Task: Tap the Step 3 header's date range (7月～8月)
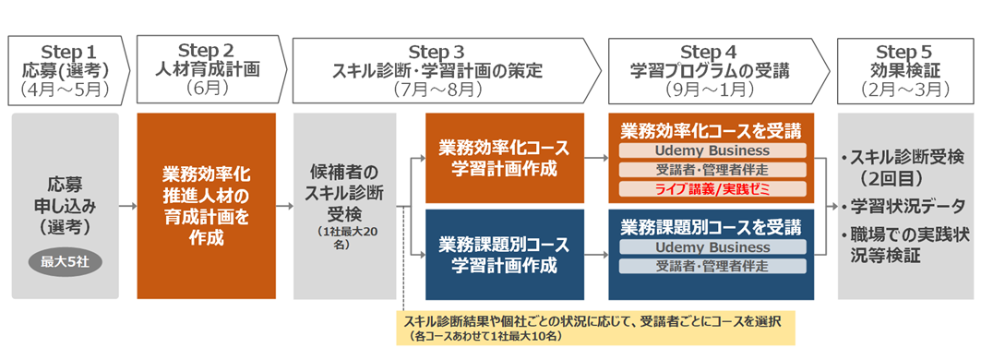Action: (437, 90)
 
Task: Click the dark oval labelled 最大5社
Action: (65, 262)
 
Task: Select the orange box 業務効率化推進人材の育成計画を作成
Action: (206, 205)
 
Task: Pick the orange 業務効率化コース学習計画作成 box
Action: (504, 157)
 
